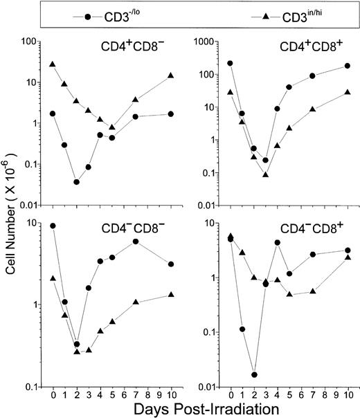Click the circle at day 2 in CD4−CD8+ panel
click(x=255, y=374)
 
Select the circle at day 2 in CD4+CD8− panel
click(x=76, y=182)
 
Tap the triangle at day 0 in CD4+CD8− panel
click(x=53, y=64)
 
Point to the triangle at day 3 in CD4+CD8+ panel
click(x=266, y=174)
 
